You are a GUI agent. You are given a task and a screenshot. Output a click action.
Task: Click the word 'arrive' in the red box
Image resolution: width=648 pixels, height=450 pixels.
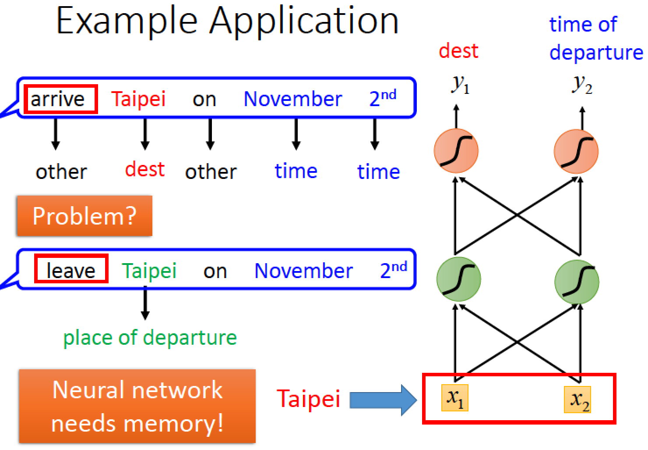(57, 100)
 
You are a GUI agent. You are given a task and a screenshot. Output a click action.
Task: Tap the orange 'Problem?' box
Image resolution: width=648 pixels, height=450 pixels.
(85, 216)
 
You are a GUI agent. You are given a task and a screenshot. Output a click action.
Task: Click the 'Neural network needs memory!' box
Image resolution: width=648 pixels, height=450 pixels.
(137, 406)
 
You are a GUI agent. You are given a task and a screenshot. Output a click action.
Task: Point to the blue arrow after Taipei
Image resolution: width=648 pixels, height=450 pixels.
(383, 400)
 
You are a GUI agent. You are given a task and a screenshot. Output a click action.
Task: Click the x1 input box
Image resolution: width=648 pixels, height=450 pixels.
(455, 398)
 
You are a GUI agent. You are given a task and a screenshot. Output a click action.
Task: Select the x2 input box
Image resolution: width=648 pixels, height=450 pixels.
(578, 399)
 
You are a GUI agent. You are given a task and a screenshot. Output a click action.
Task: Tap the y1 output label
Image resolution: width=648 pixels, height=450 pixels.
(460, 85)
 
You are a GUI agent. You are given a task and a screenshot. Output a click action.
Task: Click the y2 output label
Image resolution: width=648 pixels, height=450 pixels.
(582, 85)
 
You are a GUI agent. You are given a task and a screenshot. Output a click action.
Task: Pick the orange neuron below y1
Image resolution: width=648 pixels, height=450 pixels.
(456, 151)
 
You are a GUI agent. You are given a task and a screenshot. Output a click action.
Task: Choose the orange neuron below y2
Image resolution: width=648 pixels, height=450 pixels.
(576, 152)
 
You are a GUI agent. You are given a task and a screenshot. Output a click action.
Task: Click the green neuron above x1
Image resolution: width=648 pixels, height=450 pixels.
(459, 279)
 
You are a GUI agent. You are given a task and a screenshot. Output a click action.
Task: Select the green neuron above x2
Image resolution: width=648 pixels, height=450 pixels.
(577, 282)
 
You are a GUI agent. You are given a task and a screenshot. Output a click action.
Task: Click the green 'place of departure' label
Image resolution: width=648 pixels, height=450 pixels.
(150, 338)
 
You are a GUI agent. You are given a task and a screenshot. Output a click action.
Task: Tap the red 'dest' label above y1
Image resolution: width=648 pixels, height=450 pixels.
(458, 51)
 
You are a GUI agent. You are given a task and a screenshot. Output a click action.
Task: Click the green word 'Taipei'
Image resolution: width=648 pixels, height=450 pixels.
(149, 271)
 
